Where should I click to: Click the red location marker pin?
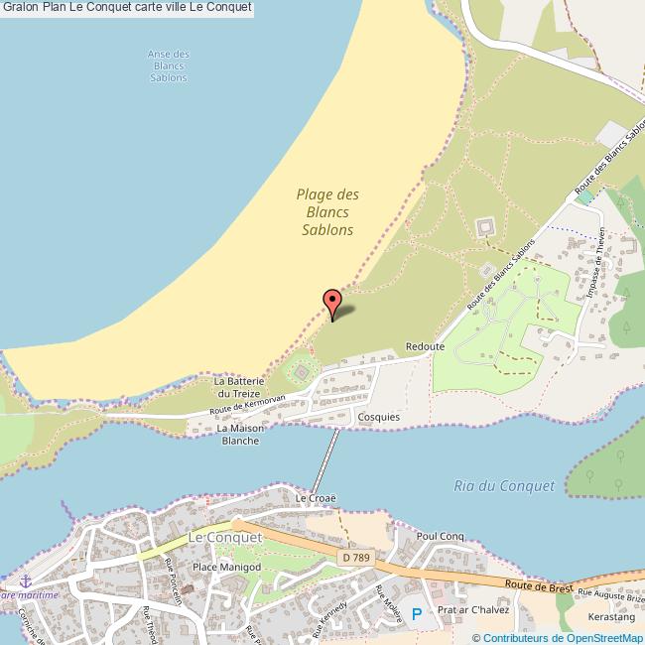tap(332, 301)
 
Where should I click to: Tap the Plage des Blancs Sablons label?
tap(327, 212)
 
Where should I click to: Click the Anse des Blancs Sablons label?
tap(168, 65)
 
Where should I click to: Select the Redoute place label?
tap(425, 347)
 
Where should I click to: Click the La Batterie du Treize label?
tap(238, 386)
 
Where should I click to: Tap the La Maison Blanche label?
tap(240, 434)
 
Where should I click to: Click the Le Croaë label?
tap(317, 499)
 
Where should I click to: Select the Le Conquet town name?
tap(224, 537)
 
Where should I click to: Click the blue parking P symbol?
tap(416, 614)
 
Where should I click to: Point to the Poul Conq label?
tap(442, 536)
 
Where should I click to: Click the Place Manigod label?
tap(225, 567)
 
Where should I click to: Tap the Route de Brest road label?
tap(537, 587)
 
